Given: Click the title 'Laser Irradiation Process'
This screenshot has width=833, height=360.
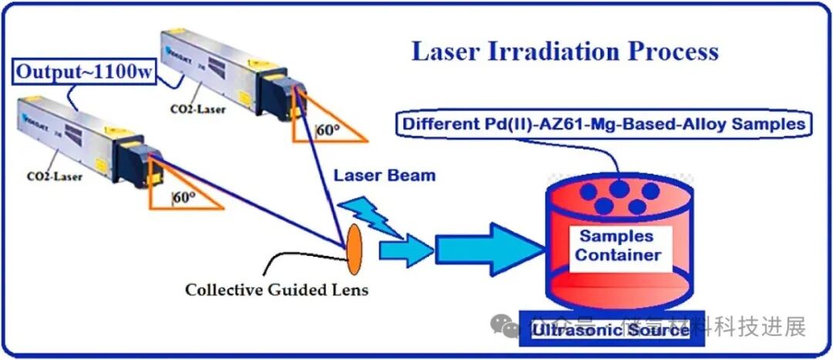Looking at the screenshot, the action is point(565,51).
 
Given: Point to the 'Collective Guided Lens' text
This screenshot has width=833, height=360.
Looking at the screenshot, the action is point(276,291).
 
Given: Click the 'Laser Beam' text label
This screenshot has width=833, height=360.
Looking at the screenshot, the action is point(384,175).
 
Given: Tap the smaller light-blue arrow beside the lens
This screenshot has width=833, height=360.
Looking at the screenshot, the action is point(406,249).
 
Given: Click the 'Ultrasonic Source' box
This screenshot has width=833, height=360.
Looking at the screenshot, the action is point(609,331).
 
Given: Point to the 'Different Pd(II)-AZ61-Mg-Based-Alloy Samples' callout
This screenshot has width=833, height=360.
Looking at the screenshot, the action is point(604,123).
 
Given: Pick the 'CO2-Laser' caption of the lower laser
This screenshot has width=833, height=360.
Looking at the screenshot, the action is point(56,176).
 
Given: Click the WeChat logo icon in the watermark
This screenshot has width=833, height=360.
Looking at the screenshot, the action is point(511,327).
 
